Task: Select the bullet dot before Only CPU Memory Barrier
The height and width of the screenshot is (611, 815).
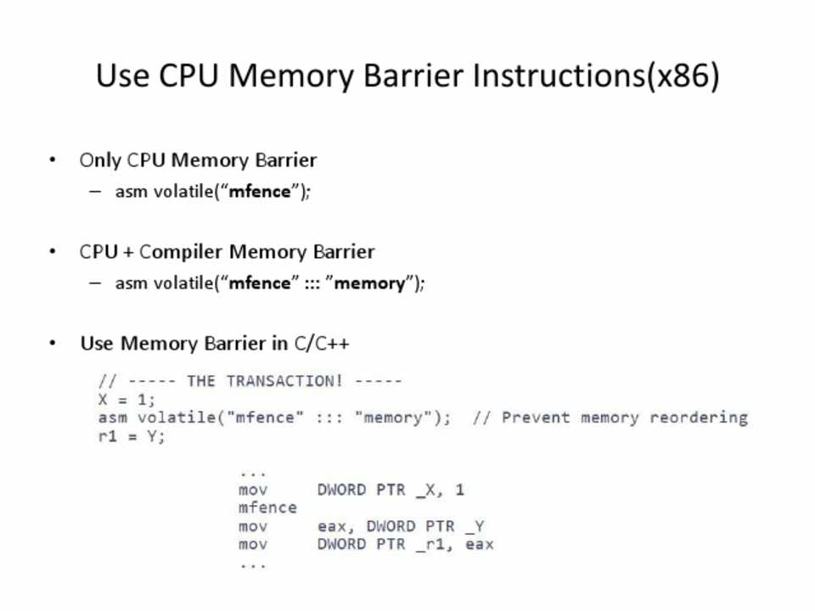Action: click(x=53, y=160)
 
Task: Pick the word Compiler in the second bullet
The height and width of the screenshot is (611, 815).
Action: click(x=183, y=252)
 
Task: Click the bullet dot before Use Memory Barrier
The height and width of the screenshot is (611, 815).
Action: click(x=53, y=344)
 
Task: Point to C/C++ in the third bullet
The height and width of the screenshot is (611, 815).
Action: click(x=322, y=344)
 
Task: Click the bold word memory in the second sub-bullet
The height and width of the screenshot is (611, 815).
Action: click(x=370, y=283)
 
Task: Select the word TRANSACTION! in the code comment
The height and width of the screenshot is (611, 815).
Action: click(x=284, y=381)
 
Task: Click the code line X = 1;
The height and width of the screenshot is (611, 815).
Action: click(x=127, y=399)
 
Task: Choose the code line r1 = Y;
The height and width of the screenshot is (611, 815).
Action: click(x=132, y=436)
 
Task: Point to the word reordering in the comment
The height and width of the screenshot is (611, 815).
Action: click(x=699, y=418)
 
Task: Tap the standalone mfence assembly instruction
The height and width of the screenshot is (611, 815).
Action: click(x=267, y=507)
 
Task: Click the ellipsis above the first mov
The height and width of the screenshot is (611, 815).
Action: click(x=252, y=473)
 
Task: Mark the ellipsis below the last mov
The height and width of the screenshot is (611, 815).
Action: click(x=252, y=563)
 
